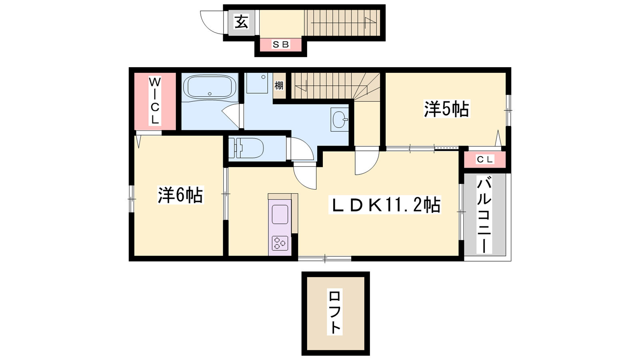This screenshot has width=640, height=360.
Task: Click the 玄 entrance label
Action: (x=241, y=22)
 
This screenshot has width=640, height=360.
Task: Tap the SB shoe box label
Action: (x=280, y=44)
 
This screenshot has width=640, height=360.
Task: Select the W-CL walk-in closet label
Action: (x=154, y=101)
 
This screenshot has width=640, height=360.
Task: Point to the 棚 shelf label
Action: (x=279, y=86)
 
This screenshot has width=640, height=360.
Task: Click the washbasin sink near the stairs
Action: (x=340, y=120)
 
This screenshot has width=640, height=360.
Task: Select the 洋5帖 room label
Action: (x=446, y=109)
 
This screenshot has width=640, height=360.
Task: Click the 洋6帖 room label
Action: (x=180, y=195)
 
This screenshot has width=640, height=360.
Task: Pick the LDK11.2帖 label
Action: (x=384, y=204)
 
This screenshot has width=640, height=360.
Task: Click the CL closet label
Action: (x=485, y=160)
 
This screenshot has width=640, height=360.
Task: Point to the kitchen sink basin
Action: (x=280, y=214)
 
